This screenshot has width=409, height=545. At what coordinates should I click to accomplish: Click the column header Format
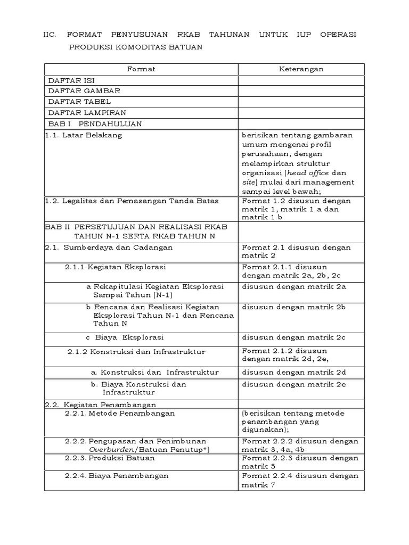point(141,69)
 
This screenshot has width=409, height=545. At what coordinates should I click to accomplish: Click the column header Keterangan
point(301,69)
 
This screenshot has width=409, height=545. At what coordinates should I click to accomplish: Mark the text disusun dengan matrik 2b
point(295,308)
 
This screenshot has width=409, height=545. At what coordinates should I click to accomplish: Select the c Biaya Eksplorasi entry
point(125,337)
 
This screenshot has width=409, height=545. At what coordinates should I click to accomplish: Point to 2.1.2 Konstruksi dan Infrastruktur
point(136,352)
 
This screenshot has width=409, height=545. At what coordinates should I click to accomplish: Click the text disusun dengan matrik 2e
point(295,384)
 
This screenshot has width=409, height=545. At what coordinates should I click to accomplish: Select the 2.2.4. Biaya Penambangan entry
point(117,476)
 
